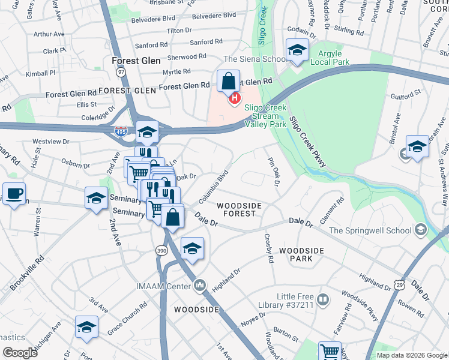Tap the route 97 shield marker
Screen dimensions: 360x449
pos(122,72)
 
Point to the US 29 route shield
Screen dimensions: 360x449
pos(400,282)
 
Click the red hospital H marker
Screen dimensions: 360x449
pos(235,98)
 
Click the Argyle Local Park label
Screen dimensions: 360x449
pos(329,58)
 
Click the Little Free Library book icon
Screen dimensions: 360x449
pos(323,299)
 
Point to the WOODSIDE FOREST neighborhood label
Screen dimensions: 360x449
pos(239,209)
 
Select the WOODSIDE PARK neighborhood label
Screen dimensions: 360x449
pos(301,254)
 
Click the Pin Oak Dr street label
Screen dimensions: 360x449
pos(274,172)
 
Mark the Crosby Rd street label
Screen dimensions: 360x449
pos(268,248)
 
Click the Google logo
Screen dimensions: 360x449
pos(20,353)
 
